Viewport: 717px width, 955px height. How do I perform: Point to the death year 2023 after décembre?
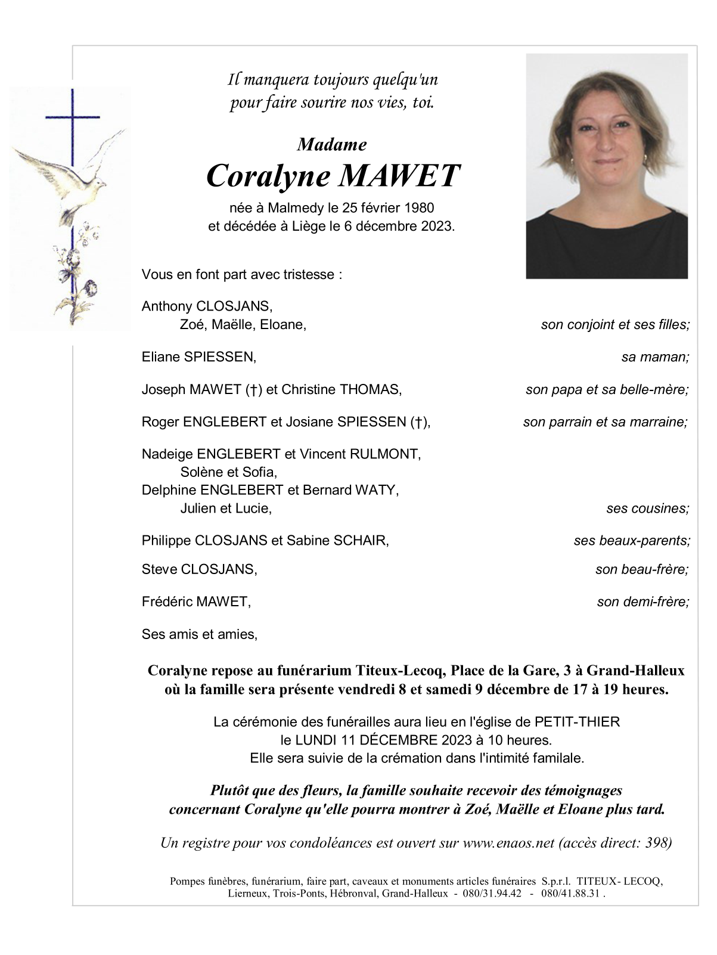[x=437, y=227]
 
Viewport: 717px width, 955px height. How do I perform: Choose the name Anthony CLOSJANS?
[x=207, y=306]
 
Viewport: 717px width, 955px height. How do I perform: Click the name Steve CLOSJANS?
[x=199, y=569]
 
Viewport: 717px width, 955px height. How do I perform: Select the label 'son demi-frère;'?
[x=643, y=602]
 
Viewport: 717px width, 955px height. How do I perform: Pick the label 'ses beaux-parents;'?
[x=632, y=541]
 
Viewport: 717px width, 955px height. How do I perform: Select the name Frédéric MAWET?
[x=196, y=602]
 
